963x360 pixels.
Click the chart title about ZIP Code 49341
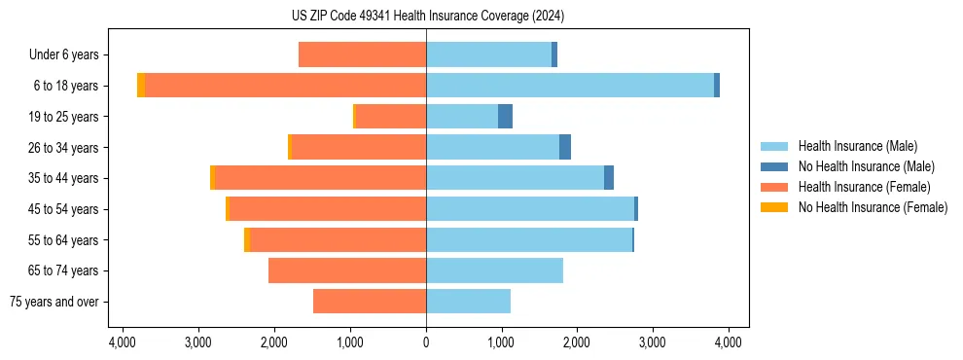point(426,17)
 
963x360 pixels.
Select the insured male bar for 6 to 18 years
point(570,86)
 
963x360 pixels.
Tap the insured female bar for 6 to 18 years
point(285,86)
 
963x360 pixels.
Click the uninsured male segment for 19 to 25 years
point(505,117)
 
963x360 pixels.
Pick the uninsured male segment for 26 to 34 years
point(565,147)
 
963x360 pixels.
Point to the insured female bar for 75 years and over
point(370,302)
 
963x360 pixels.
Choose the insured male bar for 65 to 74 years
point(494,270)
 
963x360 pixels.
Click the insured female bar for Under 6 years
point(362,54)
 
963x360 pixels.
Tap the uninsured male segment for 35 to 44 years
point(609,178)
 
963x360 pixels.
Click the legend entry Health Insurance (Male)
point(857,146)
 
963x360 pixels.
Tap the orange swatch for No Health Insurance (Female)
point(775,207)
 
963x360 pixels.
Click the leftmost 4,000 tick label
point(123,342)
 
